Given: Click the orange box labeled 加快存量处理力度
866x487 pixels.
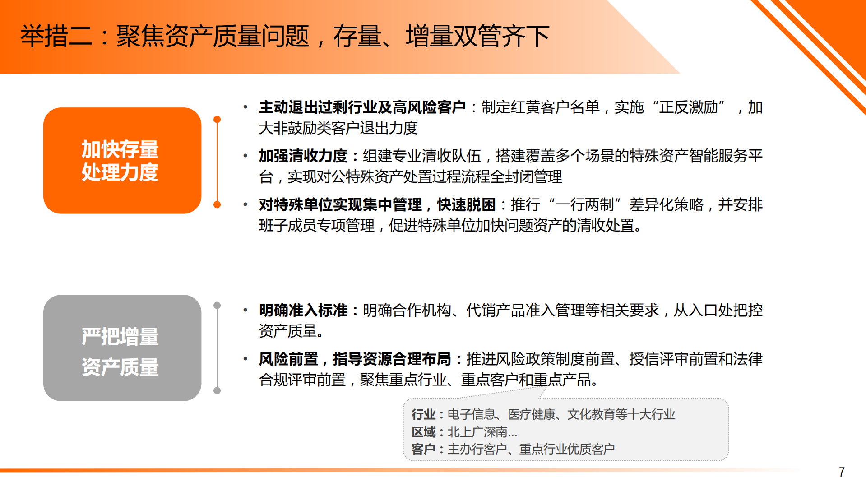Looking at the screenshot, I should tap(122, 160).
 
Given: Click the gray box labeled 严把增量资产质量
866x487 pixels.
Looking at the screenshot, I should tap(122, 348).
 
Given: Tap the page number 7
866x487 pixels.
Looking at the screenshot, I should tap(842, 472).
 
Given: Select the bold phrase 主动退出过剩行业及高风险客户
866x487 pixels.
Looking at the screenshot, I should tap(362, 107).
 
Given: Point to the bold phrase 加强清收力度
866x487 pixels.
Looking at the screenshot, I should tap(303, 156).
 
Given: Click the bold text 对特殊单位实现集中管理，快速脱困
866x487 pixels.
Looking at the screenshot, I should tap(377, 205).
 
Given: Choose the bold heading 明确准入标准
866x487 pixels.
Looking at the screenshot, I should tap(303, 311).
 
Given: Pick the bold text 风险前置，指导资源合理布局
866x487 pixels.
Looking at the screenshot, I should tap(355, 359).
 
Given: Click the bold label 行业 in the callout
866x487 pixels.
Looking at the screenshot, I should tap(423, 414).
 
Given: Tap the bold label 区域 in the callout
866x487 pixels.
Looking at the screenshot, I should tap(423, 432).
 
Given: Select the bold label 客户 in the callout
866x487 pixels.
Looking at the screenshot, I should tap(423, 449).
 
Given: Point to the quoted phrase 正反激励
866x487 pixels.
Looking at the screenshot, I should tap(688, 107).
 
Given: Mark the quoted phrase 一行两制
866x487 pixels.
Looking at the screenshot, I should tap(584, 205).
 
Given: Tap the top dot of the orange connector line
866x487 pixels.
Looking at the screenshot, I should tap(217, 120).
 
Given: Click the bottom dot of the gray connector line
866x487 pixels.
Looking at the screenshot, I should tap(217, 390).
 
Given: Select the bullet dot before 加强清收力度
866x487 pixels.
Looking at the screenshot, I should tap(245, 156).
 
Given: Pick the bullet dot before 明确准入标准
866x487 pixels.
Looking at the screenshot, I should tap(245, 311).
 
